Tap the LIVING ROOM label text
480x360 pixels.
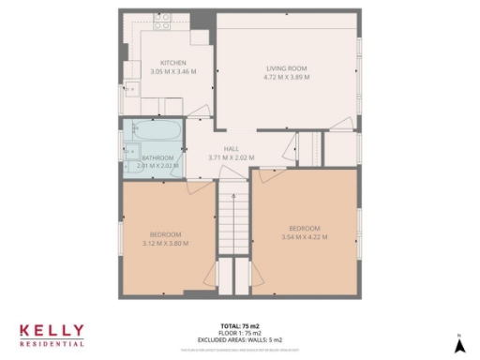(x=287, y=68)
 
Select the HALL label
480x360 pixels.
(x=231, y=149)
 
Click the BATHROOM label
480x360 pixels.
(x=157, y=157)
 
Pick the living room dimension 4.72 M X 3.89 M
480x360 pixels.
(x=287, y=77)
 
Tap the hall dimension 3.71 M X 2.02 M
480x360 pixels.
(x=231, y=157)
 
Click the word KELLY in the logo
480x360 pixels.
(x=52, y=331)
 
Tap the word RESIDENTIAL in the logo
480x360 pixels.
(x=52, y=343)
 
